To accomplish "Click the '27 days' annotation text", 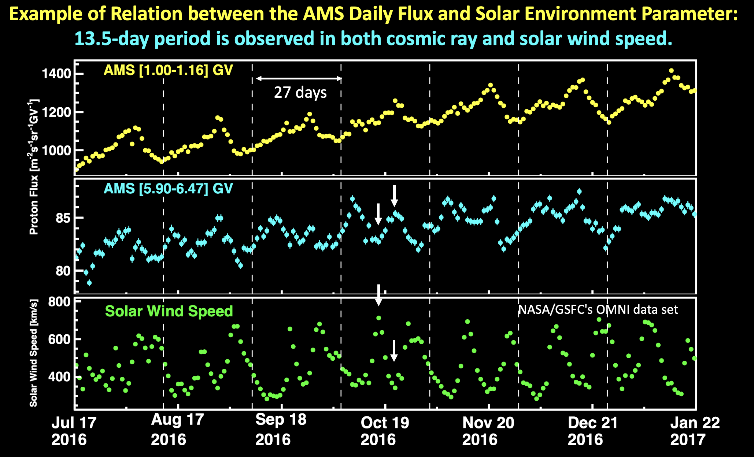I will pyautogui.click(x=300, y=93).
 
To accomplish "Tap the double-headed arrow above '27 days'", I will pyautogui.click(x=299, y=78).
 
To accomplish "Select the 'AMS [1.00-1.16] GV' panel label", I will pyautogui.click(x=168, y=70).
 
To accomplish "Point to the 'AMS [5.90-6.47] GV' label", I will pyautogui.click(x=168, y=189).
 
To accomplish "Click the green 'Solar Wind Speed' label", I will pyautogui.click(x=169, y=311).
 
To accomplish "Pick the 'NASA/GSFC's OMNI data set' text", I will pyautogui.click(x=598, y=310).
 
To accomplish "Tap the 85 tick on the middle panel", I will pyautogui.click(x=63, y=218).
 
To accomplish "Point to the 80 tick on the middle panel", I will pyautogui.click(x=63, y=271).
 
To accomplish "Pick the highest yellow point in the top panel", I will pyautogui.click(x=671, y=71).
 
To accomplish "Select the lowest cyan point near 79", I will pyautogui.click(x=89, y=283).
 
